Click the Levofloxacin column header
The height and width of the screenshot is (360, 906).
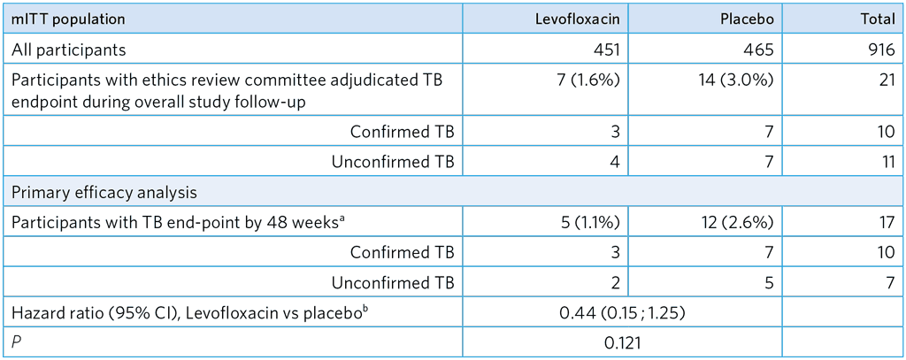click(577, 19)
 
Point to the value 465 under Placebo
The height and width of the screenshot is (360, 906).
click(760, 50)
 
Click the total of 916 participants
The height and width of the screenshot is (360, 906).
click(879, 50)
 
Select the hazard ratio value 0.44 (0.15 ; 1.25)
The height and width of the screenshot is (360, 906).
click(623, 311)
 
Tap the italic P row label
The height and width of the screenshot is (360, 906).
click(16, 341)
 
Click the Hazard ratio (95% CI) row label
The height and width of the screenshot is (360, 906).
click(185, 311)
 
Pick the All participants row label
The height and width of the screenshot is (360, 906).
click(69, 50)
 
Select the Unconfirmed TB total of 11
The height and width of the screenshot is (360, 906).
click(885, 162)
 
